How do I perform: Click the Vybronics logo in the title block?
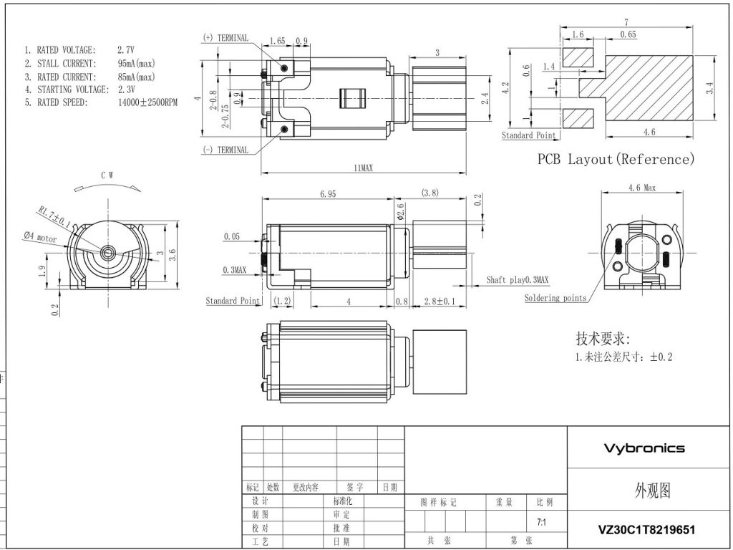click(x=644, y=448)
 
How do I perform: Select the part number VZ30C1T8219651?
click(x=646, y=530)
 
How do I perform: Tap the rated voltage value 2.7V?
click(x=126, y=49)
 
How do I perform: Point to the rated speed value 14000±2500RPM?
click(x=147, y=102)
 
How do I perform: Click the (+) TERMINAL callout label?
click(x=226, y=38)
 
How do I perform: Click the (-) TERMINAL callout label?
click(x=226, y=150)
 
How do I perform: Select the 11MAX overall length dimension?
click(x=364, y=168)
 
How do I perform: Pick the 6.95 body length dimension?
click(x=328, y=193)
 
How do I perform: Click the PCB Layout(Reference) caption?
click(x=616, y=160)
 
